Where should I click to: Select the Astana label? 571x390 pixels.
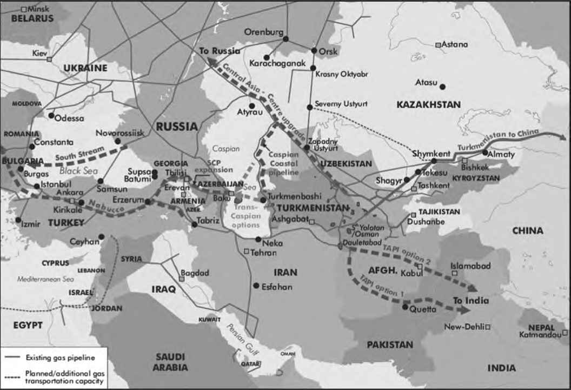point(455,44)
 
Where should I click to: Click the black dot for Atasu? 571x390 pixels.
point(442,87)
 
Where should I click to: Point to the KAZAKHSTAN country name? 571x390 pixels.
point(428,104)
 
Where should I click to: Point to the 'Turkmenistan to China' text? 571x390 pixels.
point(498,140)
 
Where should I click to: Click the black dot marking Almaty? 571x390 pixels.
point(484,153)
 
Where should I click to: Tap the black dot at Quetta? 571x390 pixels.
point(405,307)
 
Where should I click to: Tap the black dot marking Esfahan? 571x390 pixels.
point(255,285)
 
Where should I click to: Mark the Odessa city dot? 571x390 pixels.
point(51,115)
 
